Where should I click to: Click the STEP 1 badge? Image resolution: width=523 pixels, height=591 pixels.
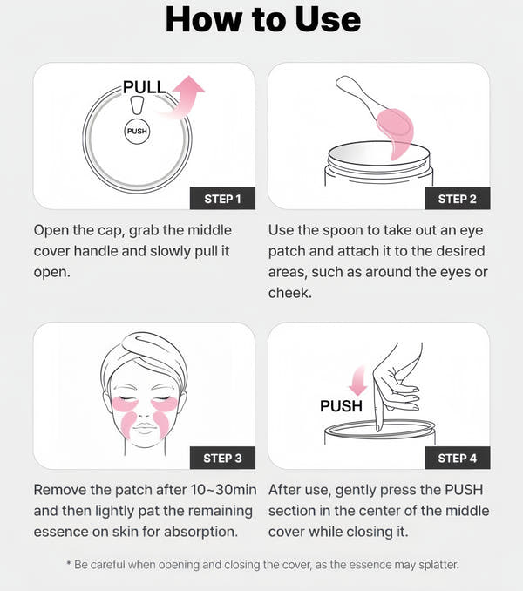(x=222, y=198)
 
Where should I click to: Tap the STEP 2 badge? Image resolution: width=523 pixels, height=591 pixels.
(x=457, y=198)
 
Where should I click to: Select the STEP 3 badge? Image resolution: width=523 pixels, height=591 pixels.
(x=222, y=458)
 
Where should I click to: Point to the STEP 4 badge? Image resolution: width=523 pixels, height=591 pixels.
(x=457, y=458)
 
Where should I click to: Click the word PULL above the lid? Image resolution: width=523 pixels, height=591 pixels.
(x=145, y=87)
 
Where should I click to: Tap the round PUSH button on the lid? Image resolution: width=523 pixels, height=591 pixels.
(x=137, y=131)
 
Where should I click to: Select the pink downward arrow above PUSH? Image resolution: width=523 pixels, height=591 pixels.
(x=358, y=381)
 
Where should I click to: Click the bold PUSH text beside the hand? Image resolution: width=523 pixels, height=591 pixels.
(x=341, y=406)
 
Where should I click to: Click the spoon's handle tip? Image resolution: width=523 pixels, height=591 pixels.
(x=341, y=81)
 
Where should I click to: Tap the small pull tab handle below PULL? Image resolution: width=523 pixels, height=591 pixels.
(x=137, y=105)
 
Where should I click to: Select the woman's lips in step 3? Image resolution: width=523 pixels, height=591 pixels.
(x=145, y=428)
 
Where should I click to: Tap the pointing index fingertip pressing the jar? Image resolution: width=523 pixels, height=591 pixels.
(x=379, y=428)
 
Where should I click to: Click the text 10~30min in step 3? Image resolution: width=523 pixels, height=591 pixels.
(x=224, y=490)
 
